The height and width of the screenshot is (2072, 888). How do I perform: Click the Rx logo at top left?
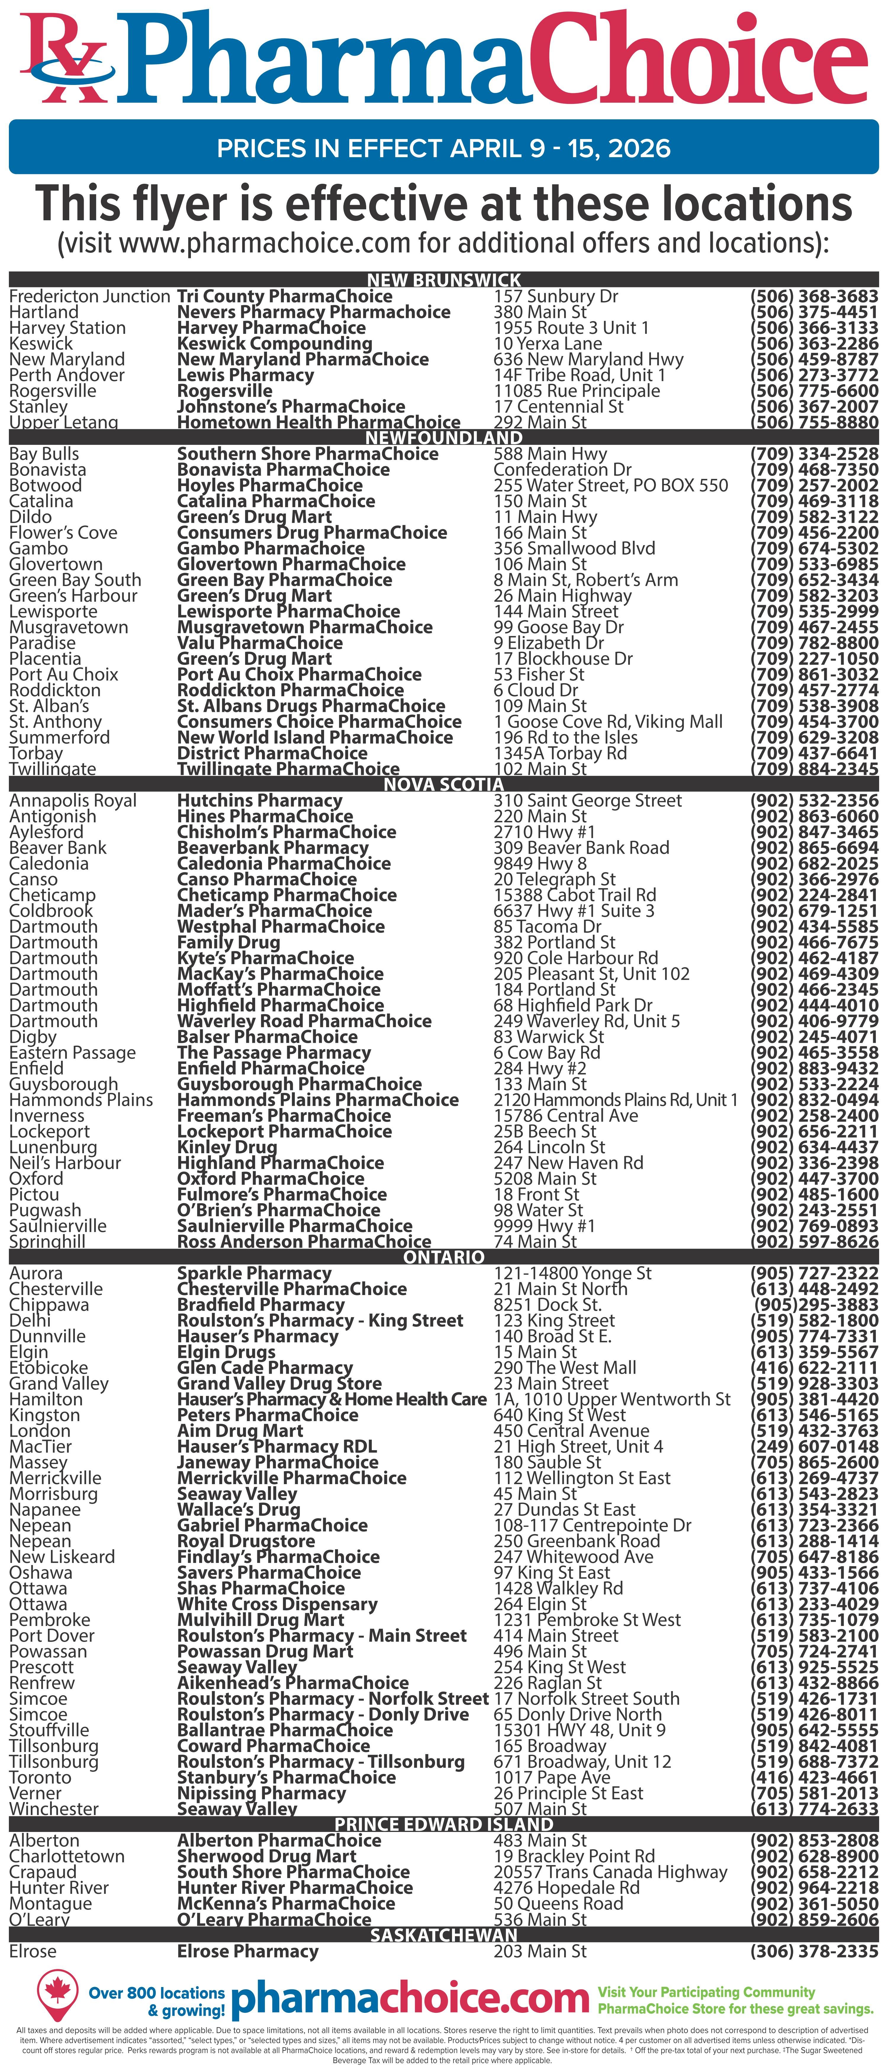coord(64,60)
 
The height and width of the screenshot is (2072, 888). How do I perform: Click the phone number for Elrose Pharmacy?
coord(814,1951)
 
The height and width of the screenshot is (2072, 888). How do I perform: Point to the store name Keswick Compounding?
coord(274,343)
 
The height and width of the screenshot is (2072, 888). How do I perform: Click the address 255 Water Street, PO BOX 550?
coord(610,485)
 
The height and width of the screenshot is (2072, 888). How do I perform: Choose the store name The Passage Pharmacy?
coord(274,1053)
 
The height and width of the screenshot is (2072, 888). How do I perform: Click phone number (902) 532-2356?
coord(814,800)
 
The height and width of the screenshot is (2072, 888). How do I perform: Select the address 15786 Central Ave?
coord(565,1116)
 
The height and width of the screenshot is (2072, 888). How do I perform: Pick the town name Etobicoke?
coord(48,1368)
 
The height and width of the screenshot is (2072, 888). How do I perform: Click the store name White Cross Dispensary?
coord(277,1604)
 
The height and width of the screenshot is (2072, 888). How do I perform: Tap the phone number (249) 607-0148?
coord(814,1446)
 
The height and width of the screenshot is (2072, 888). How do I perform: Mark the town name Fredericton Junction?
coord(89,296)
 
